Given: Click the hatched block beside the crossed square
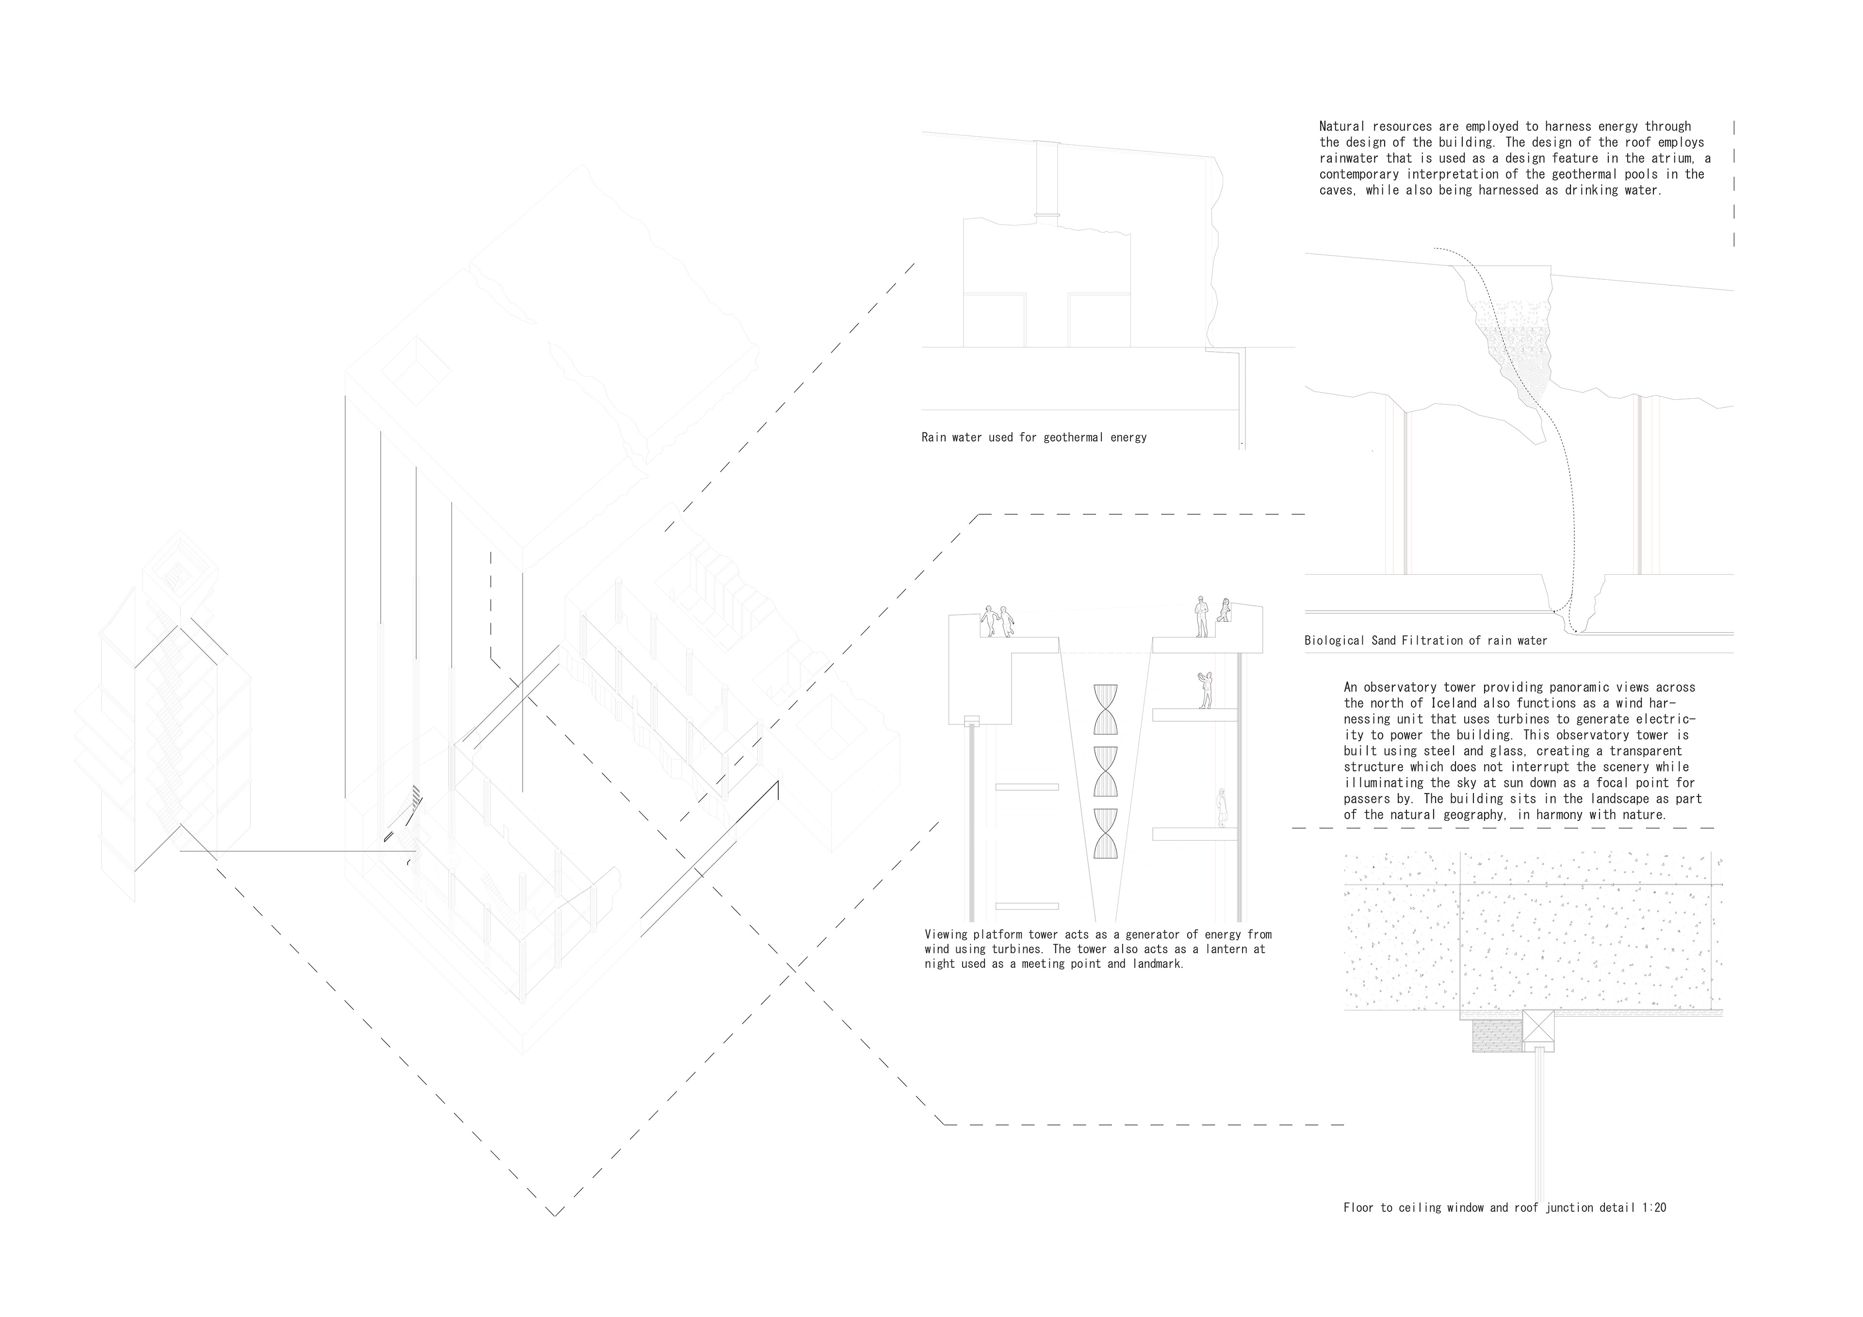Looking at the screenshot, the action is coord(1497,1036).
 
